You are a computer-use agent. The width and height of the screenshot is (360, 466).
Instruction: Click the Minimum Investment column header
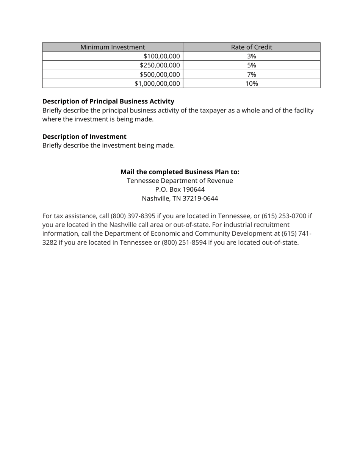(x=113, y=47)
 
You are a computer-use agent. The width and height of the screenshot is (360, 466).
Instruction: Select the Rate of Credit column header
(x=252, y=47)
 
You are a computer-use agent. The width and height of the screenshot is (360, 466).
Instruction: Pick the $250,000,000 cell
(x=160, y=65)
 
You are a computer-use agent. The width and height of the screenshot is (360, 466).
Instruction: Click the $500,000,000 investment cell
(x=160, y=74)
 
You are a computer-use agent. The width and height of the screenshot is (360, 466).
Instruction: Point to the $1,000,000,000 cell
(x=157, y=83)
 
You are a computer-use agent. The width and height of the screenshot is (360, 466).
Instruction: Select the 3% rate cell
(x=252, y=56)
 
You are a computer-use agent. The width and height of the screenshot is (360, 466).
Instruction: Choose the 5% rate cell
(x=252, y=65)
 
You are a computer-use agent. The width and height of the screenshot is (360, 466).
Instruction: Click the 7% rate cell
(x=252, y=74)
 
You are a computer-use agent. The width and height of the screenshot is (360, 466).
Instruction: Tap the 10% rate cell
(x=252, y=83)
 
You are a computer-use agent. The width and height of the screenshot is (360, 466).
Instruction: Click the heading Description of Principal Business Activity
(x=108, y=102)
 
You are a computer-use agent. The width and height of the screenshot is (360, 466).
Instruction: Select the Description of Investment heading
(x=85, y=136)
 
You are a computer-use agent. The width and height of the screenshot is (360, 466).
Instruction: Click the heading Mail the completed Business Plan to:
(x=180, y=172)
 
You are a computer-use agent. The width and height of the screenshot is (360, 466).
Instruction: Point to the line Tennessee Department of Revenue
(x=180, y=181)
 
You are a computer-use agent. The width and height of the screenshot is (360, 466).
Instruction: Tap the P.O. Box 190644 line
(x=180, y=189)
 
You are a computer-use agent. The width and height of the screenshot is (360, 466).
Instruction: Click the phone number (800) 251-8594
(x=184, y=242)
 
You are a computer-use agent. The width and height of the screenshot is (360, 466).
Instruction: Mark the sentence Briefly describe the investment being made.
(x=108, y=145)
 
